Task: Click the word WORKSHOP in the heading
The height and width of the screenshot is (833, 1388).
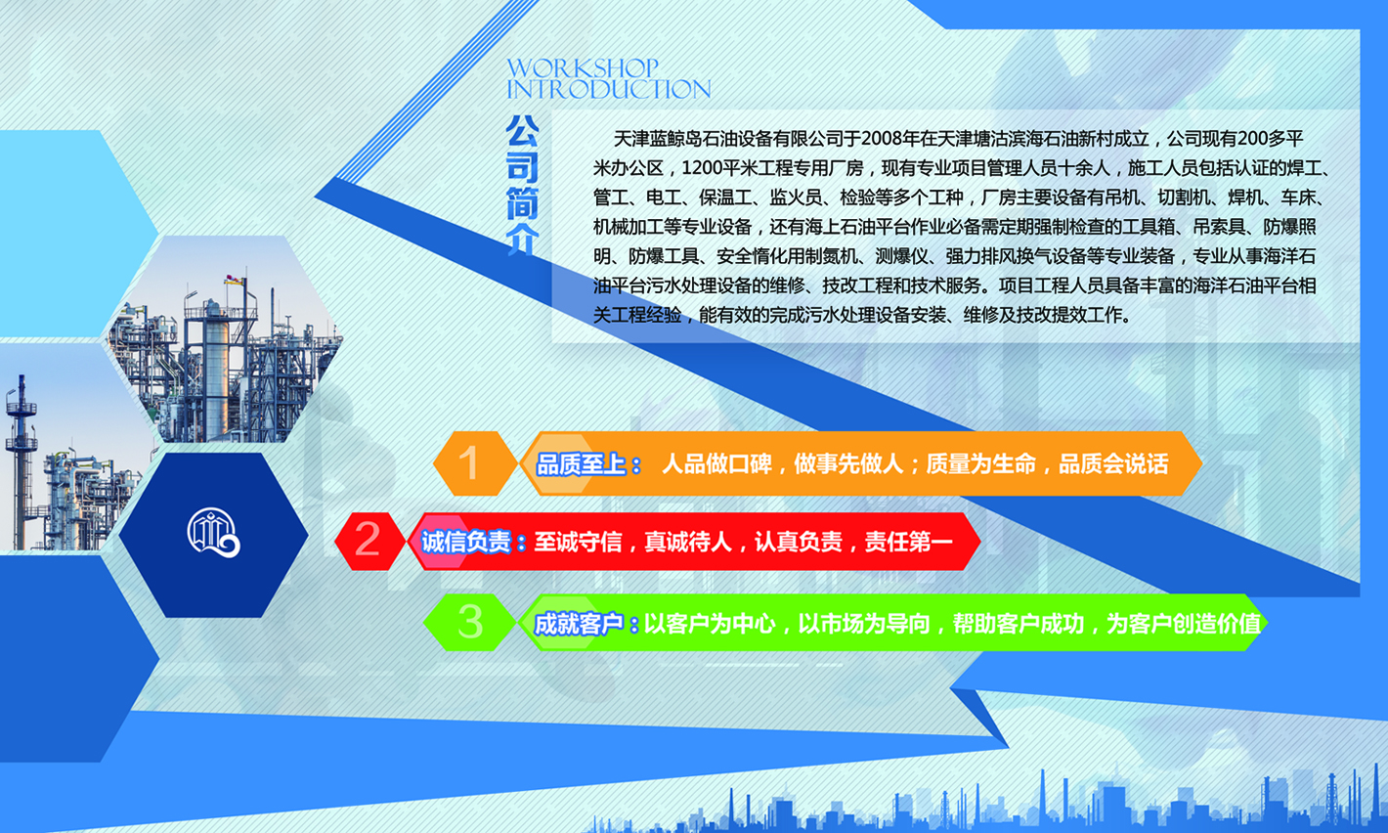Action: [583, 67]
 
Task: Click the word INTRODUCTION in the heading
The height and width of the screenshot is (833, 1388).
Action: [609, 89]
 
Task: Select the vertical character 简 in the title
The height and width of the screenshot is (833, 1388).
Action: [522, 203]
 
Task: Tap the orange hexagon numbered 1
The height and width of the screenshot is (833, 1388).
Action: [475, 463]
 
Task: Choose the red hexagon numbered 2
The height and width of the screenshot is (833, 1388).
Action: [369, 541]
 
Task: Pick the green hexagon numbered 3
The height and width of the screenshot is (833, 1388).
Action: [470, 622]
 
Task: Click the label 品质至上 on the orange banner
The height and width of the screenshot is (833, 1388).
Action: [581, 464]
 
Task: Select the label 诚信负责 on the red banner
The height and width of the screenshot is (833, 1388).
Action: [466, 543]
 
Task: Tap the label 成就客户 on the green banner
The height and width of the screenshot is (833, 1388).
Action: [579, 624]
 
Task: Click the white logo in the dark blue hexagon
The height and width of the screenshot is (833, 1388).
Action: [214, 534]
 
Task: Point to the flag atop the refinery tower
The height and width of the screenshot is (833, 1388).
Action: [235, 281]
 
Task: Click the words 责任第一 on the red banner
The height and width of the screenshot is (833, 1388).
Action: [908, 542]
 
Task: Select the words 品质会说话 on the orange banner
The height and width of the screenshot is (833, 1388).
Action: [1113, 463]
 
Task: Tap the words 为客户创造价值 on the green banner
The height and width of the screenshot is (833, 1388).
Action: [1184, 624]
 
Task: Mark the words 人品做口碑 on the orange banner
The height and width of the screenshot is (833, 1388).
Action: [716, 463]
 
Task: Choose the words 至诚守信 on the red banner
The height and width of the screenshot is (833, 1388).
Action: [578, 542]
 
